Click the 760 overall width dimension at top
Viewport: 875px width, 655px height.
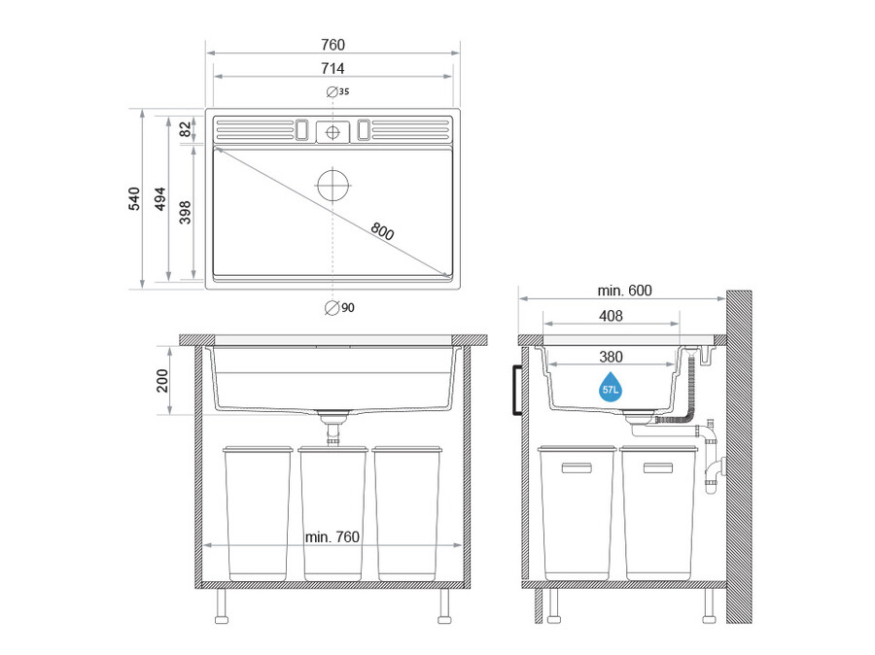click(332, 44)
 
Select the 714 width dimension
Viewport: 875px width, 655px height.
click(332, 68)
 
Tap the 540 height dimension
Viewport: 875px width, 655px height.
click(134, 198)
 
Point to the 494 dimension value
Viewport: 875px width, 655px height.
click(160, 198)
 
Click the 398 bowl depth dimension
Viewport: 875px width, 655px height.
click(185, 212)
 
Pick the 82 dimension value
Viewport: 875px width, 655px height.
click(185, 130)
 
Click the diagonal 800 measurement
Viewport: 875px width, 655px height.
click(382, 230)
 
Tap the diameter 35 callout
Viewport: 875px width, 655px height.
click(337, 91)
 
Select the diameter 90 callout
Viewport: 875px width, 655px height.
click(339, 307)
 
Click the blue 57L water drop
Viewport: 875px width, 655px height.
click(610, 387)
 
